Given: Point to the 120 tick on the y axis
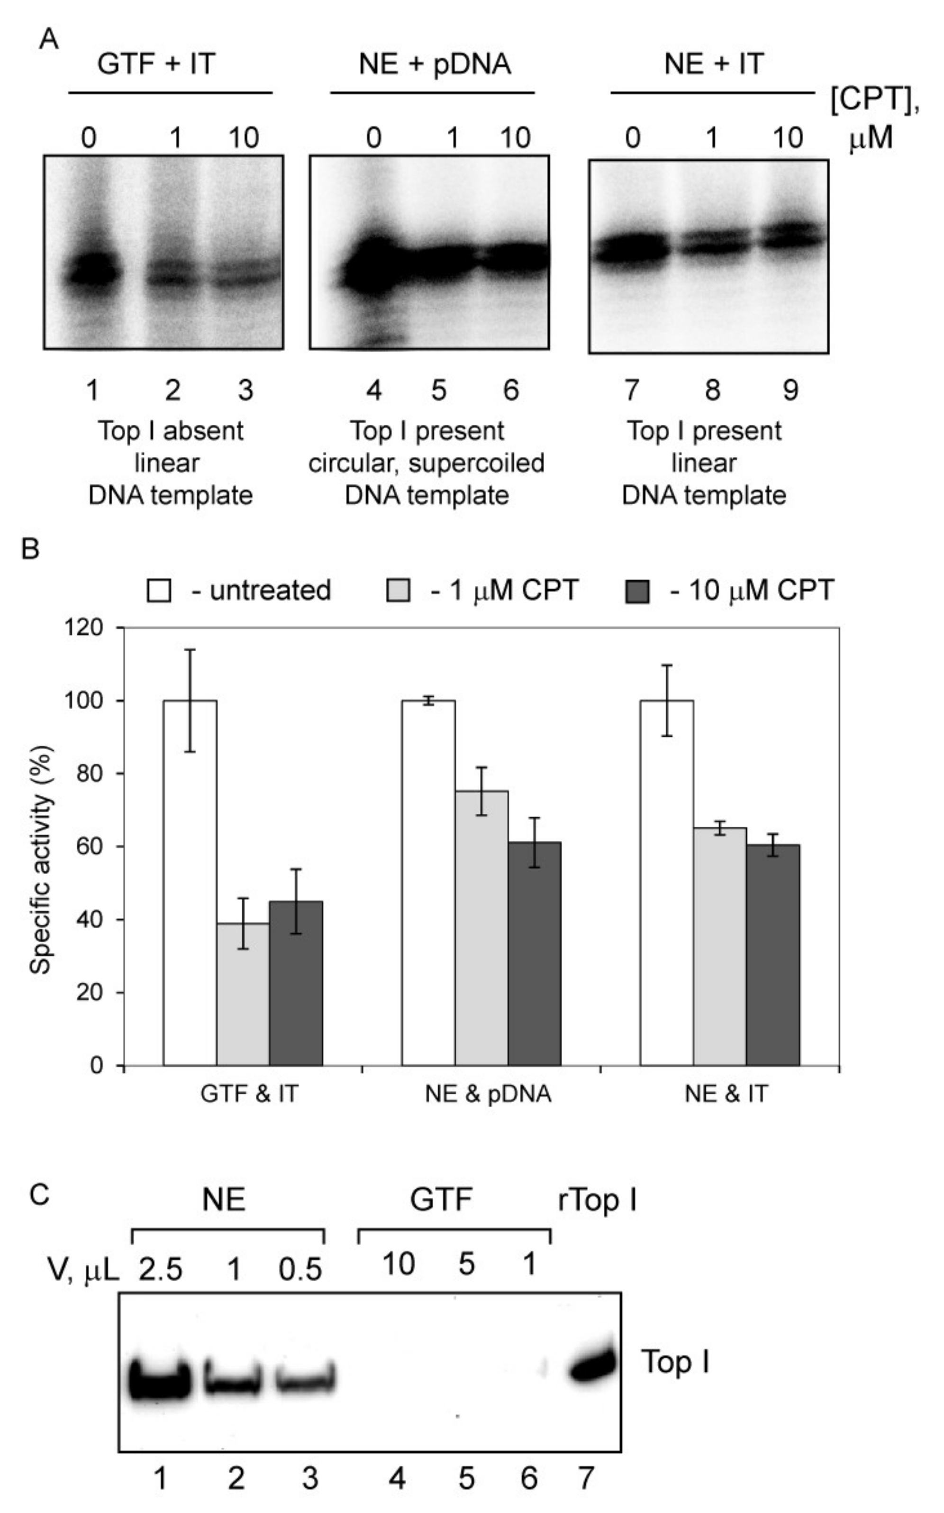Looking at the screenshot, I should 84,627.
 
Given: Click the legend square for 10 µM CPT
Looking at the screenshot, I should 637,591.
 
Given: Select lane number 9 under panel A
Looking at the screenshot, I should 790,390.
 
